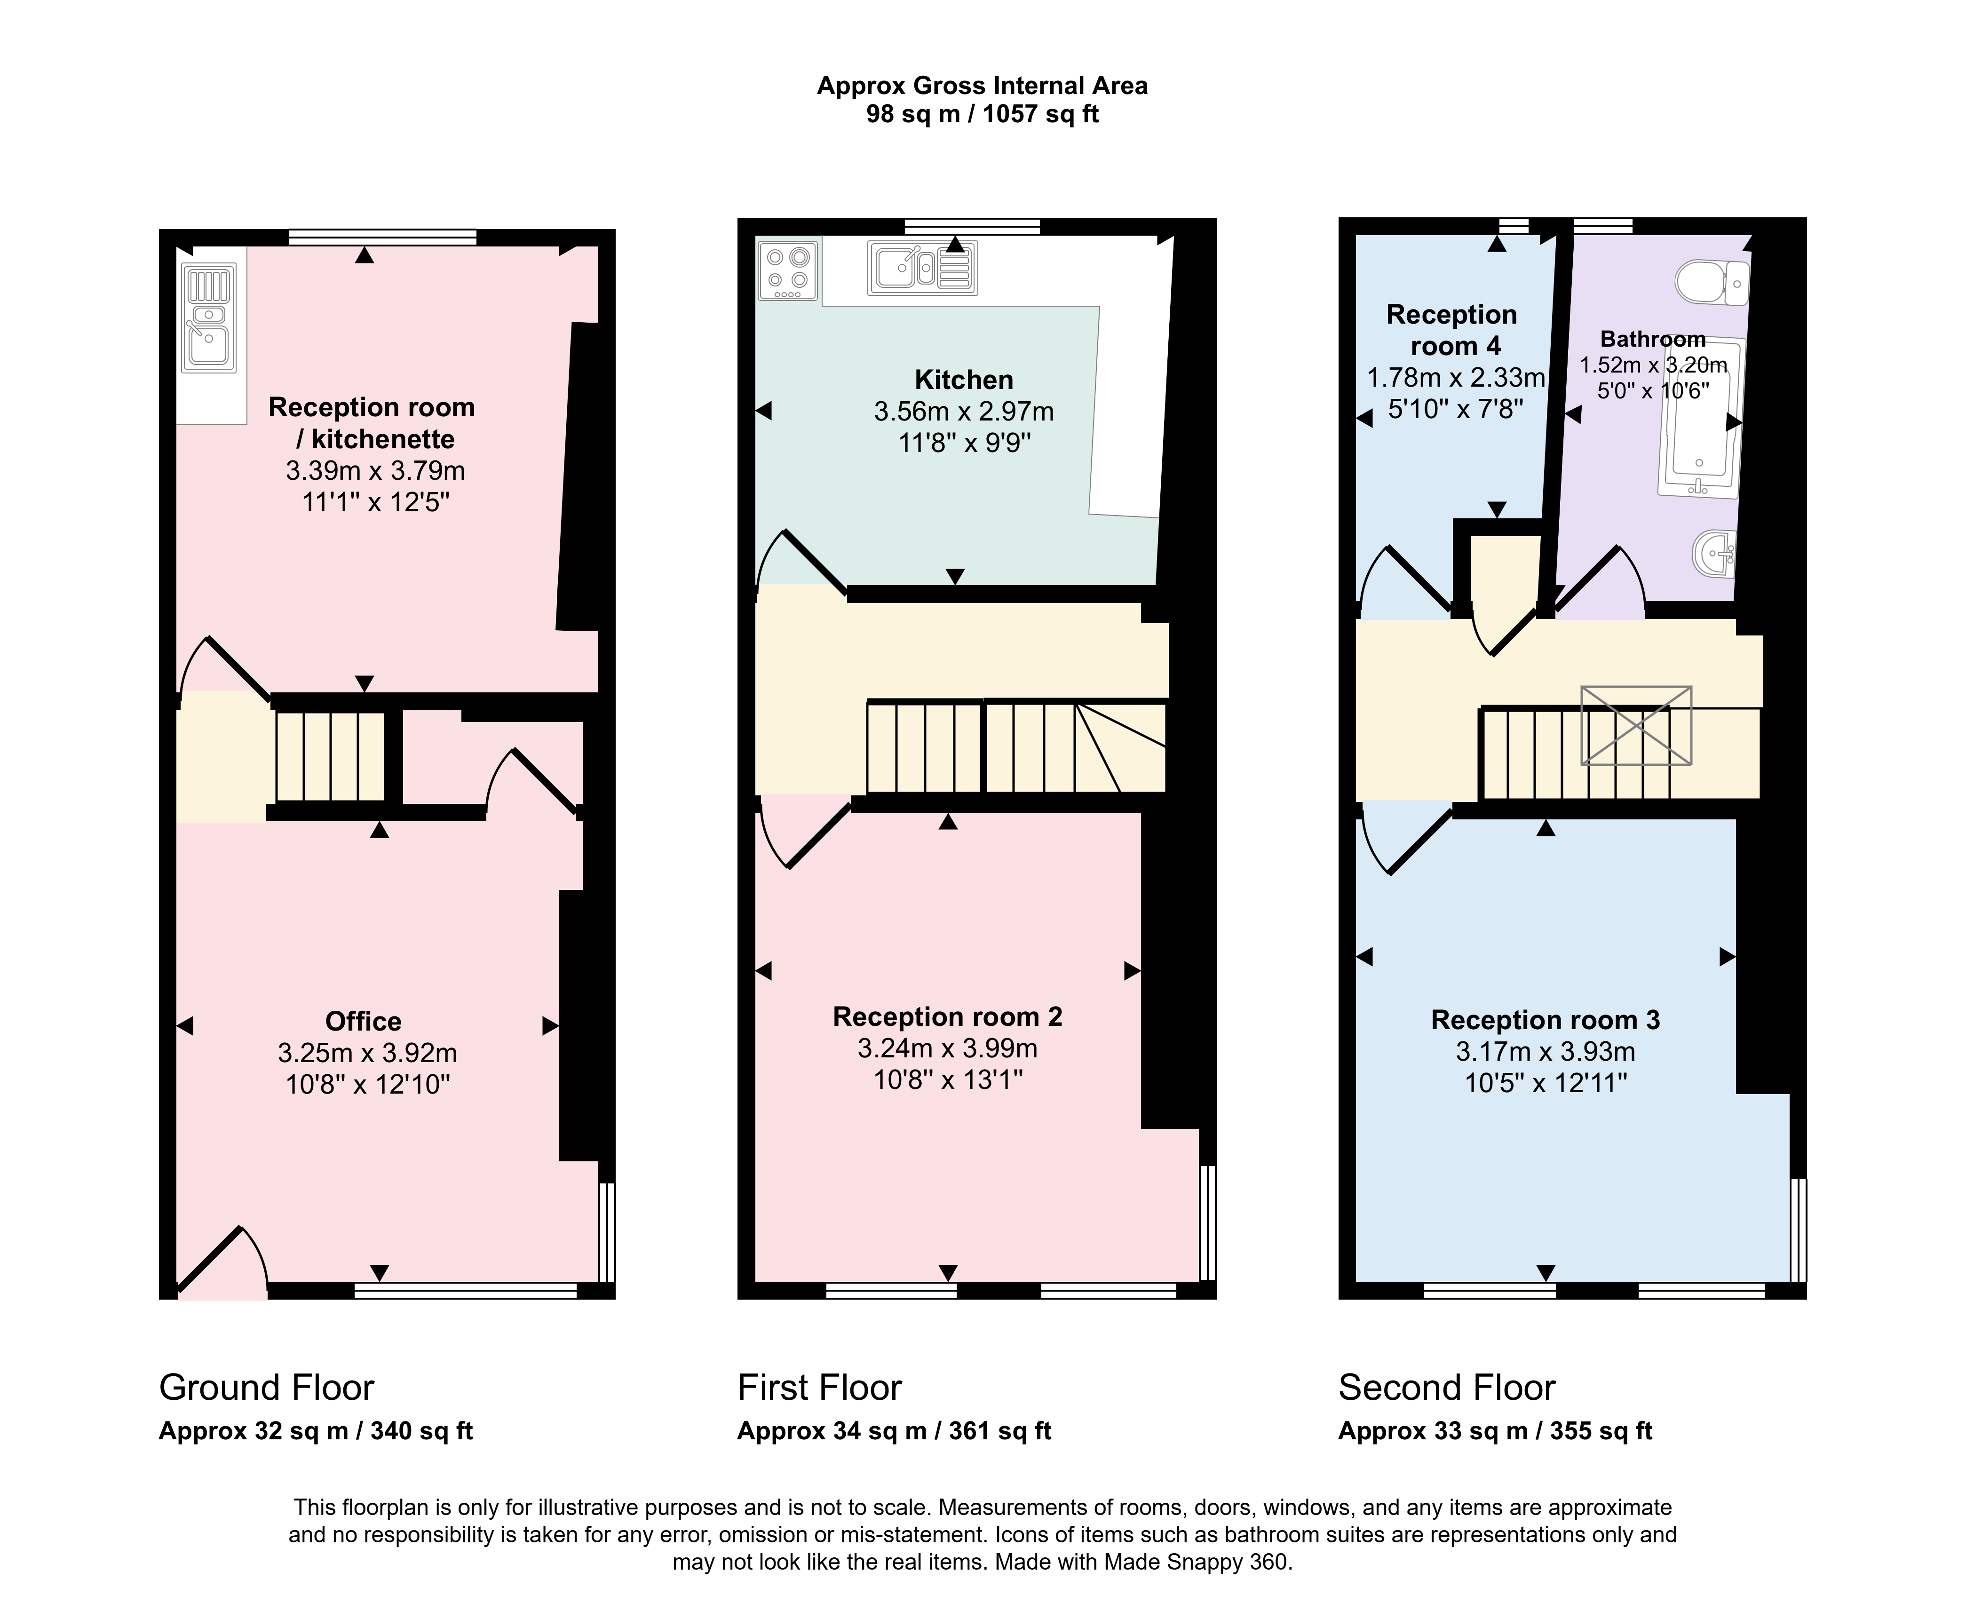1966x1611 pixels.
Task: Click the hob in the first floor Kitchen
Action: click(788, 270)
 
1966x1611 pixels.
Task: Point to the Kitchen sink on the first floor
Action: click(921, 268)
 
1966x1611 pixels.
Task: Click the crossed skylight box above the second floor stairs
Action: click(1636, 726)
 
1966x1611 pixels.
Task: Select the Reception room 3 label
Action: click(1545, 1020)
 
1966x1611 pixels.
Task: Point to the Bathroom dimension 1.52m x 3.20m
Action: click(1653, 365)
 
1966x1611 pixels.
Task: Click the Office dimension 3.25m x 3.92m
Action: click(367, 1053)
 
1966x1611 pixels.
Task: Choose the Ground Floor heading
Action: click(266, 1388)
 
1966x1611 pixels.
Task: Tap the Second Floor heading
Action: click(1446, 1388)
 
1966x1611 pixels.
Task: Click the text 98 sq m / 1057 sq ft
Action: click(983, 114)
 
